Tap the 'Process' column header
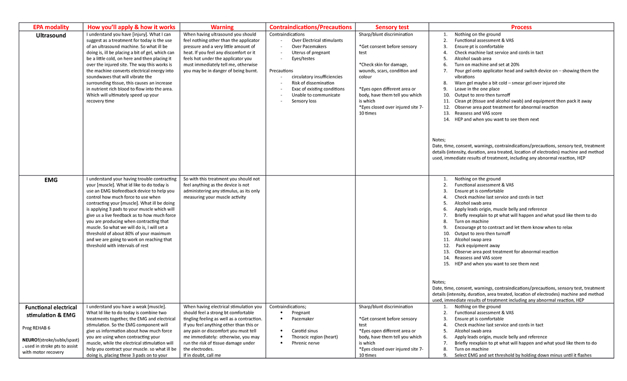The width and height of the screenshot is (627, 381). click(x=521, y=27)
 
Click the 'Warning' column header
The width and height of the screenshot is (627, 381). click(x=222, y=27)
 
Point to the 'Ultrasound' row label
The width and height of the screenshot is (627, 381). click(x=51, y=36)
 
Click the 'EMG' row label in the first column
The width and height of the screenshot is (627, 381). click(x=51, y=180)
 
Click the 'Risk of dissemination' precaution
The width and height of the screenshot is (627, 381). click(x=313, y=83)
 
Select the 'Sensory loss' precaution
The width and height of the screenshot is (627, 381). click(x=304, y=101)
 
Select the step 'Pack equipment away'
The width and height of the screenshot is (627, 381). click(x=478, y=246)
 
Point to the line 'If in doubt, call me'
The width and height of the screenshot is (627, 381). click(x=203, y=355)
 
